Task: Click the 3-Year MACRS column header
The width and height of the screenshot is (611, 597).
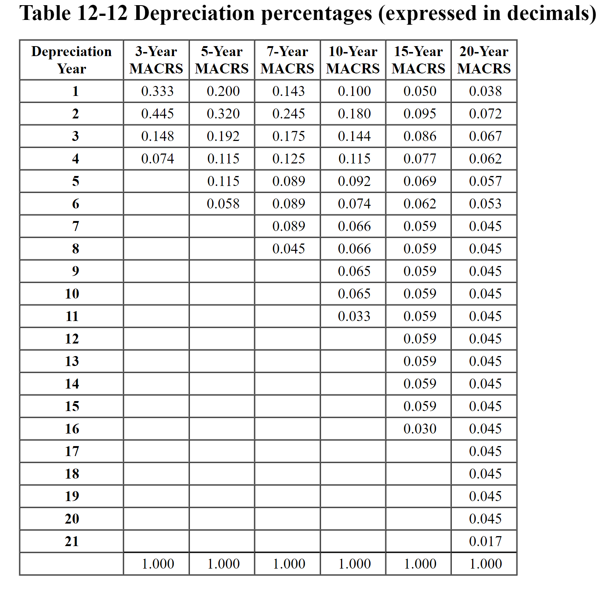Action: point(156,60)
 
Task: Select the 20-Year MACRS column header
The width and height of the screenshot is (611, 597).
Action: point(484,60)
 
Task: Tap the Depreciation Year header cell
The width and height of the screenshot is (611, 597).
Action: point(71,60)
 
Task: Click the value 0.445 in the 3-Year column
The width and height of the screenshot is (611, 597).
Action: point(157,114)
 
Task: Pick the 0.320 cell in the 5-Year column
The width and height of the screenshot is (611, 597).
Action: point(223,114)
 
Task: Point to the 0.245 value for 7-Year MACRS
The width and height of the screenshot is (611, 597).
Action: point(289,114)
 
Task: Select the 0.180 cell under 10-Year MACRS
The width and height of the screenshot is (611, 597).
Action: point(354,114)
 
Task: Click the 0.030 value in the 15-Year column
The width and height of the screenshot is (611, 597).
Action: point(420,429)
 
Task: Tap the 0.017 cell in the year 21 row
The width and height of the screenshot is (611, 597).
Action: point(485,541)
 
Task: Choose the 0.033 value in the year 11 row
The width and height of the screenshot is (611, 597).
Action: point(354,316)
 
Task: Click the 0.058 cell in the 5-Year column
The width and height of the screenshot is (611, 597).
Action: point(223,204)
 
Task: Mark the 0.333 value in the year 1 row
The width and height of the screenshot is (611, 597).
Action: point(157,91)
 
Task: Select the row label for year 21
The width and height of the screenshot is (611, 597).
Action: point(72,541)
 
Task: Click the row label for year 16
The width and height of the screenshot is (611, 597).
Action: point(72,429)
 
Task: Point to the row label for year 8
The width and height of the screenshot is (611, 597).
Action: point(75,249)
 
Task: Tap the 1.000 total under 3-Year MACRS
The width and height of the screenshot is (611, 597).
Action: point(158,564)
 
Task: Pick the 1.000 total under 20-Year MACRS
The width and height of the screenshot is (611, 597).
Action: point(485,564)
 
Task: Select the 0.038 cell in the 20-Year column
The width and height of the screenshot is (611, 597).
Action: point(485,91)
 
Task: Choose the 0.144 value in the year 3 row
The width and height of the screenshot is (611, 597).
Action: point(354,136)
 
